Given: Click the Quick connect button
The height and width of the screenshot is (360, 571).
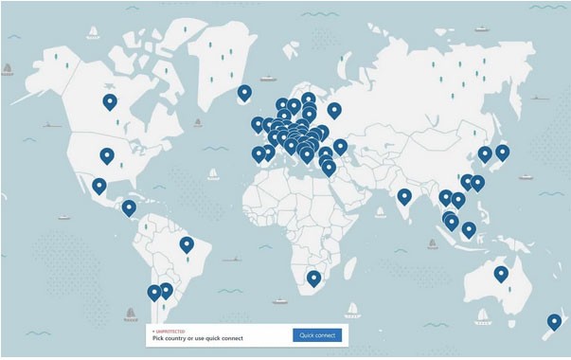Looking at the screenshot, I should pos(317,335).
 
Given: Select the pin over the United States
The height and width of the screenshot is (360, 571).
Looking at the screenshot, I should pos(107,156).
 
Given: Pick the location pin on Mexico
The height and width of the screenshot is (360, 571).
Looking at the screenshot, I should pos(99,186).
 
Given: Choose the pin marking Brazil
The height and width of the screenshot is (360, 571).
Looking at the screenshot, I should pos(187,244).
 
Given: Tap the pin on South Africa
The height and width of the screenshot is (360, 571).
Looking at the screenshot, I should pos(312,278).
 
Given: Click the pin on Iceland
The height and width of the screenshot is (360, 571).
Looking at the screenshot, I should pos(244,93).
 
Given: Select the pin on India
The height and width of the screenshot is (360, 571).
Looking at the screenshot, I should pos(404,197).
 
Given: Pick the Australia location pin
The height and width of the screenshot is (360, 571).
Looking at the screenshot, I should pos(500,275).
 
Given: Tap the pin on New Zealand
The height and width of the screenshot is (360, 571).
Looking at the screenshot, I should pos(554,322).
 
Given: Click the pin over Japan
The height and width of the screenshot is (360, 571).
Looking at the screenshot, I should pos(503,152).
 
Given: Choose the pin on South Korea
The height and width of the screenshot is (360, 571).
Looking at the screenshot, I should pos(485,153).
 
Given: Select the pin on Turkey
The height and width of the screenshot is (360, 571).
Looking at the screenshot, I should pos(340,147).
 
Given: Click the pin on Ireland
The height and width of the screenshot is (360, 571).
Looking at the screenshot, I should pos(258,124).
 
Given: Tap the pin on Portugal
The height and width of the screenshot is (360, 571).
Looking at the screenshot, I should pos(259,153).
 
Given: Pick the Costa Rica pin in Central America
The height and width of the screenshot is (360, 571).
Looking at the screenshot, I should pos(129,207).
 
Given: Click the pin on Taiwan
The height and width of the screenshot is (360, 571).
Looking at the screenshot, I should pos(477,183).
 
